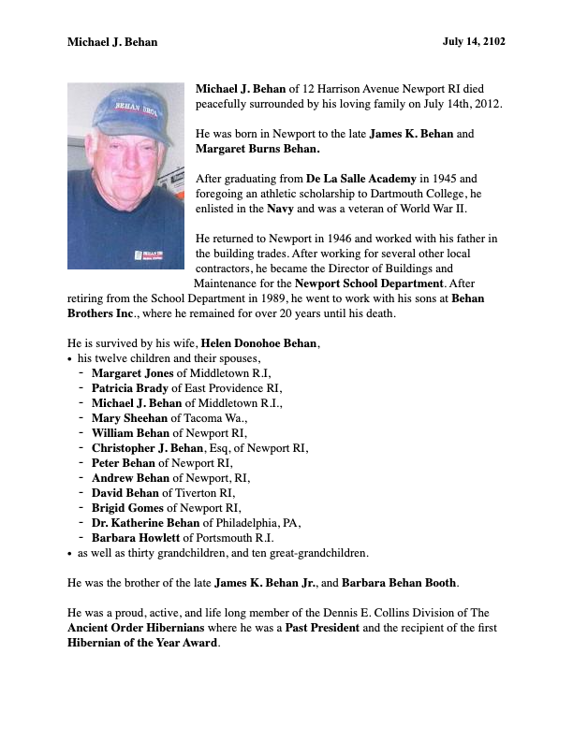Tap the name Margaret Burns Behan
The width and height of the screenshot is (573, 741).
coord(257,149)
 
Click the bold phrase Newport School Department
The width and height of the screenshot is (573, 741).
coord(368,283)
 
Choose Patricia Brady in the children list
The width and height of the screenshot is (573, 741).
coord(129,388)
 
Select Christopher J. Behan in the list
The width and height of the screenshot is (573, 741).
coord(158,448)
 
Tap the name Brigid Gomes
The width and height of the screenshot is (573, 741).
coord(127,508)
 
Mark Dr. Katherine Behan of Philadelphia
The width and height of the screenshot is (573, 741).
coord(149,523)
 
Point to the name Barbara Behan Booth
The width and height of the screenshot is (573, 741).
coord(400,583)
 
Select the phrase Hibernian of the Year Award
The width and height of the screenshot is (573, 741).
coord(143,643)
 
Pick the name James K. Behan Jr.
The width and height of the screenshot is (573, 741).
coord(265,583)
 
